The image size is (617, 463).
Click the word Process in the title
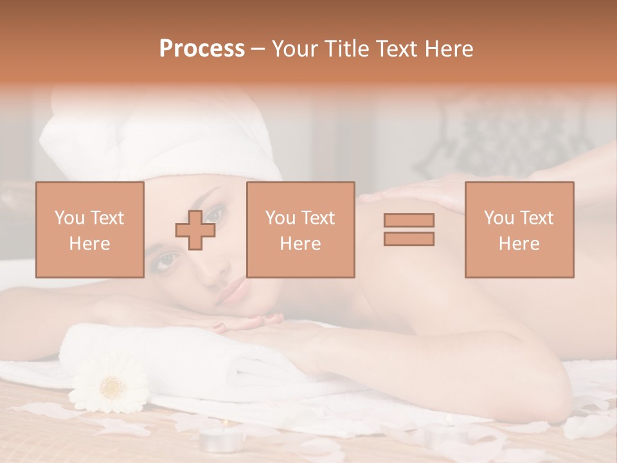point(202,49)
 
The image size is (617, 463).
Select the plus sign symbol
point(195,230)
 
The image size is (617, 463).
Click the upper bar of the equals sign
point(409,220)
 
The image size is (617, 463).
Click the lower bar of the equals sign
point(409,239)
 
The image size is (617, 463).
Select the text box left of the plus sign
point(90,230)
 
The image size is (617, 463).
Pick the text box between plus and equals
point(300,230)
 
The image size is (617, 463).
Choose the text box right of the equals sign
point(519,230)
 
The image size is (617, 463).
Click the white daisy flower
point(109,384)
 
